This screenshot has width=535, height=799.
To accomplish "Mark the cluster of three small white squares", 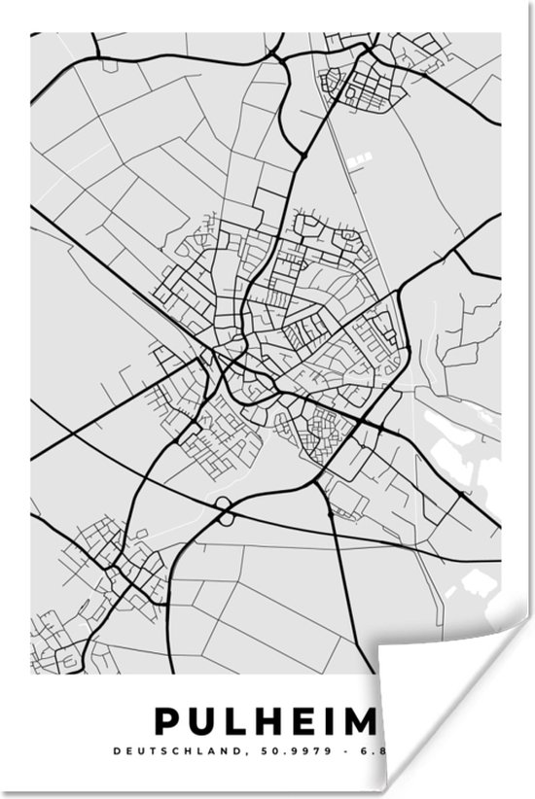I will click(362, 156).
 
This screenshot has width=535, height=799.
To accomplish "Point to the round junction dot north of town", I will click(304, 154).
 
